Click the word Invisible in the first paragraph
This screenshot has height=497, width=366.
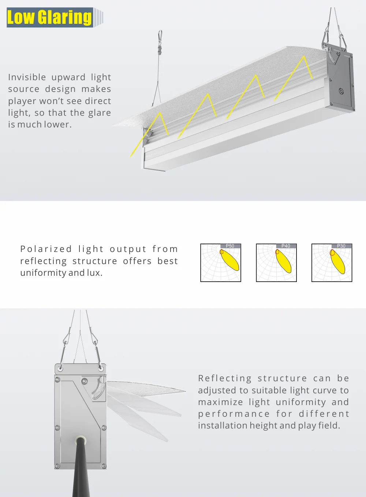(x=27, y=77)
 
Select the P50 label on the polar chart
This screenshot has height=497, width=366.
(x=230, y=246)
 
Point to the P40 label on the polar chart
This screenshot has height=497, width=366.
(x=285, y=246)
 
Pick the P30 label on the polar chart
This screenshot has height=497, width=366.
(x=341, y=246)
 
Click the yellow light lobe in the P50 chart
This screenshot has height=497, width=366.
(x=230, y=260)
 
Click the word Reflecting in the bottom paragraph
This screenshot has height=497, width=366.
(x=225, y=378)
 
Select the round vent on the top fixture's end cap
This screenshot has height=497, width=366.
(x=341, y=91)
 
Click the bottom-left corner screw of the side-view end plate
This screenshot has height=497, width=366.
(x=57, y=466)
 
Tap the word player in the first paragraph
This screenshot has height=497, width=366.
(x=20, y=101)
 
